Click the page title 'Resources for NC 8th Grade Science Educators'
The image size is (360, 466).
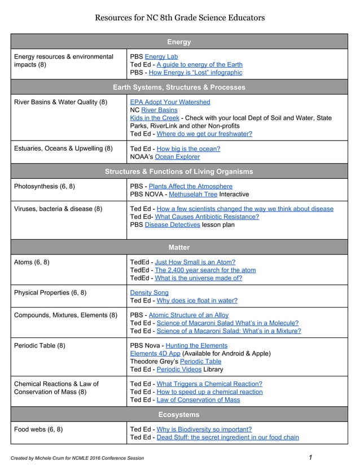179,17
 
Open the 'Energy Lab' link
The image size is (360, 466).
161,57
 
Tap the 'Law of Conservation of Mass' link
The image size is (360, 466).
198,399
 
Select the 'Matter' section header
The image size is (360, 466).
179,247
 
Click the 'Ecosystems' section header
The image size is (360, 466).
179,415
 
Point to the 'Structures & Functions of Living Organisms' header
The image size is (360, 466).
179,172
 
